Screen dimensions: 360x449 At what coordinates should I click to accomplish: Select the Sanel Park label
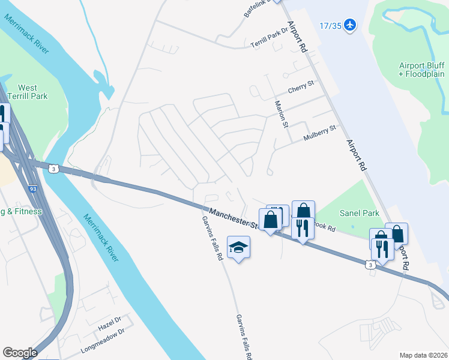coord(360,213)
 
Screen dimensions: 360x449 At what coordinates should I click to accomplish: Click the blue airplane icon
coord(351,25)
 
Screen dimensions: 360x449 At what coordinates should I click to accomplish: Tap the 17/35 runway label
coord(330,26)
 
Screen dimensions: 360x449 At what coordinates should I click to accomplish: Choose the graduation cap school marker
coord(238,248)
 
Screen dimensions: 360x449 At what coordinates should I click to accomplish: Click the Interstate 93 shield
coord(32,188)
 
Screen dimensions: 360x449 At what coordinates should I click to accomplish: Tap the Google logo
coord(20,352)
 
